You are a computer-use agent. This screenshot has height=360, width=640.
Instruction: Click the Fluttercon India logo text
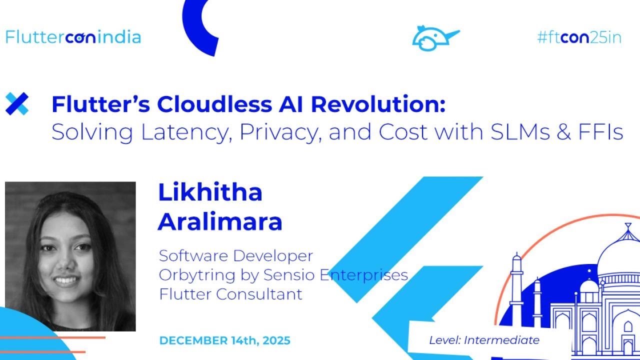point(73,37)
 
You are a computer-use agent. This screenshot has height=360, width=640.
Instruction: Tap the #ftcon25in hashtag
point(579,37)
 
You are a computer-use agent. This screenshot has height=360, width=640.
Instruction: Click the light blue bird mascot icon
point(433,38)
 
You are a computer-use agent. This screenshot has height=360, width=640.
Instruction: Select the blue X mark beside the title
point(17,104)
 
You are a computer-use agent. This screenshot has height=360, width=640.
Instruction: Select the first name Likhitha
point(210,192)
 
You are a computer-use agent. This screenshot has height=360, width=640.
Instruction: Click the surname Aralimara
point(220,221)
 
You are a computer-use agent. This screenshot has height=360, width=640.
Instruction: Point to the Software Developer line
point(235,255)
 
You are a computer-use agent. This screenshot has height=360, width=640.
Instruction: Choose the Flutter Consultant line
point(230,294)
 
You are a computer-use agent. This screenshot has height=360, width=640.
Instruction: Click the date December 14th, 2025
point(224,340)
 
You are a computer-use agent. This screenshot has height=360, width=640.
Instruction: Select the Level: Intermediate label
point(484,340)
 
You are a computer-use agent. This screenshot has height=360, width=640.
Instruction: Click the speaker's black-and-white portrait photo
point(70,256)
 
